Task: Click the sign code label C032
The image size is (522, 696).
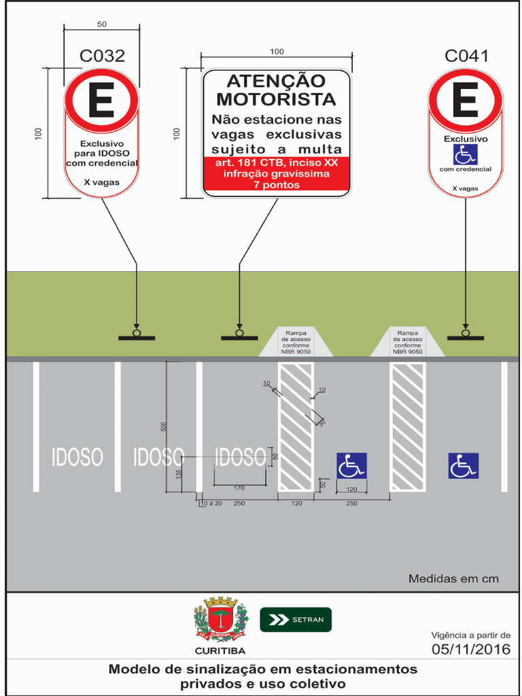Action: (x=102, y=56)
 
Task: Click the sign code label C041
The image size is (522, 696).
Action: (x=466, y=56)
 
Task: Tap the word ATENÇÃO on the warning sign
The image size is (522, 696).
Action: (x=276, y=82)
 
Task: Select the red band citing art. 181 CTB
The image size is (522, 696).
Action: (x=276, y=173)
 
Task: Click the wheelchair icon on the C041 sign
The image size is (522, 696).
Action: (x=466, y=154)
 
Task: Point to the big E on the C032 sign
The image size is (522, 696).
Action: (x=102, y=102)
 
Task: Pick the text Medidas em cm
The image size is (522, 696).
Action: (x=453, y=579)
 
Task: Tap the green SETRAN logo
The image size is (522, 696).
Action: (x=296, y=619)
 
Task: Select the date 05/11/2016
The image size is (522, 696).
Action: (x=471, y=649)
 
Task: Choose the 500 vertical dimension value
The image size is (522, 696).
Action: (x=163, y=426)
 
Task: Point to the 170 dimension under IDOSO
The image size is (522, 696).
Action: (x=239, y=487)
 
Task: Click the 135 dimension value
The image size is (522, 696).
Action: (x=179, y=474)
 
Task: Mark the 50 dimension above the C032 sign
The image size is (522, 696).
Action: (x=102, y=24)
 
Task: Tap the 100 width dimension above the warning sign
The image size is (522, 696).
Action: (x=277, y=52)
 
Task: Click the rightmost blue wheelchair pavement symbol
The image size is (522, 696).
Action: (x=463, y=466)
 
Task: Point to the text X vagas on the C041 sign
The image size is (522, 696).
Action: (x=466, y=188)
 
